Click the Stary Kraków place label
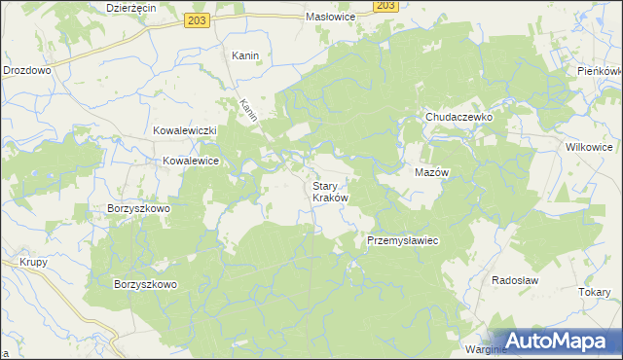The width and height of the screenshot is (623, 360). (329, 191)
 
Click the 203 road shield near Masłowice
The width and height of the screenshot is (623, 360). (385, 5)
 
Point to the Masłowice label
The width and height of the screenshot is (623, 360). (332, 18)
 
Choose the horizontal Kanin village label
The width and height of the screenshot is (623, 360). (244, 55)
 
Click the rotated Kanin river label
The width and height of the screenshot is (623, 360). (248, 108)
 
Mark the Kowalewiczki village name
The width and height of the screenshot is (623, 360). (185, 130)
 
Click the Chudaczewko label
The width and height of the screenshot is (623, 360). (459, 117)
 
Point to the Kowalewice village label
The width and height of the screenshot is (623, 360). (190, 161)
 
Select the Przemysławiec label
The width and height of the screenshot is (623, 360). (404, 240)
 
